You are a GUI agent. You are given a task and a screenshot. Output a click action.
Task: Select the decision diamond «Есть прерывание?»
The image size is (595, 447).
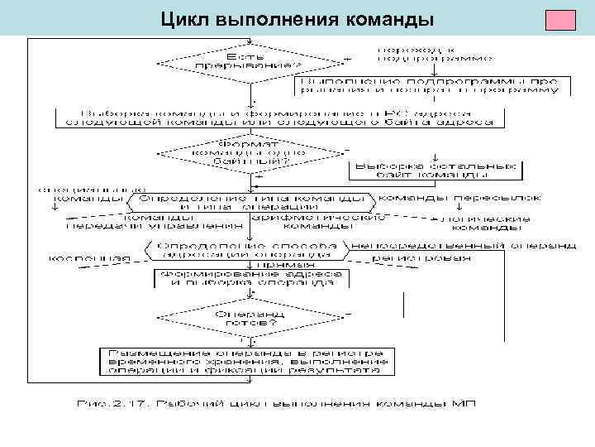[249, 60]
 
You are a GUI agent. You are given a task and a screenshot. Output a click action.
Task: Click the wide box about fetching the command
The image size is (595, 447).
[275, 117]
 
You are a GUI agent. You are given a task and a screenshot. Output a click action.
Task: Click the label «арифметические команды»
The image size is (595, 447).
[318, 223]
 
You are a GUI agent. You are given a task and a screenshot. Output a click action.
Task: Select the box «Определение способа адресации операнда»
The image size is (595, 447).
[249, 250]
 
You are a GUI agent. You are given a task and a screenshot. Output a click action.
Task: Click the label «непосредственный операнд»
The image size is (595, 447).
[464, 246]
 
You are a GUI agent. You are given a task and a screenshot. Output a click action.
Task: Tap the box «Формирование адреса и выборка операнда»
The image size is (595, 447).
[249, 278]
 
